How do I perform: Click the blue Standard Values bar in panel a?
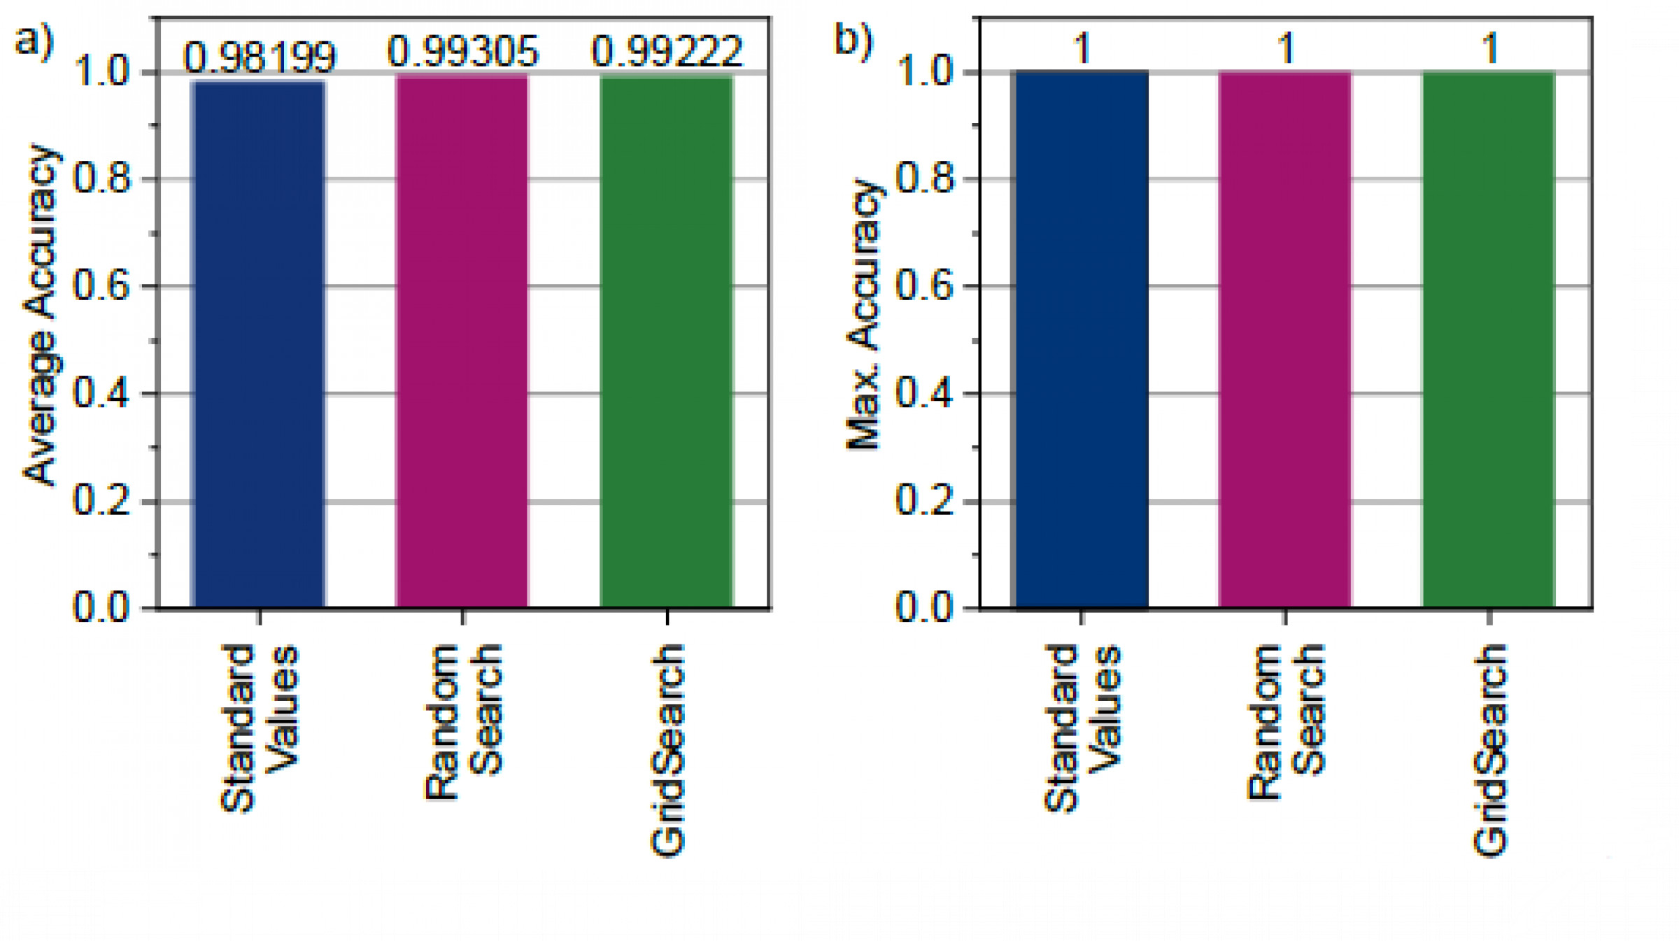[x=259, y=343]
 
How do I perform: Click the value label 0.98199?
[x=260, y=57]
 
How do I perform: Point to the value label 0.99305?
[x=463, y=52]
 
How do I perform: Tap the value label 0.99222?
[x=666, y=52]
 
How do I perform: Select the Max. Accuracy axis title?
[x=865, y=315]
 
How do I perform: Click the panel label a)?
[x=34, y=41]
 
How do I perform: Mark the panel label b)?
[x=853, y=41]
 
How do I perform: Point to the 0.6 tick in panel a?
[x=102, y=286]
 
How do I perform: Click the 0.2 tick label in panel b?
[x=925, y=501]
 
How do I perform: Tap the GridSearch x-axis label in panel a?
[x=667, y=750]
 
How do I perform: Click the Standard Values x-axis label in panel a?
[x=259, y=728]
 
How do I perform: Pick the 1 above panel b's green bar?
[x=1490, y=49]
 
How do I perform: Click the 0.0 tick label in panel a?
[x=102, y=607]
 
